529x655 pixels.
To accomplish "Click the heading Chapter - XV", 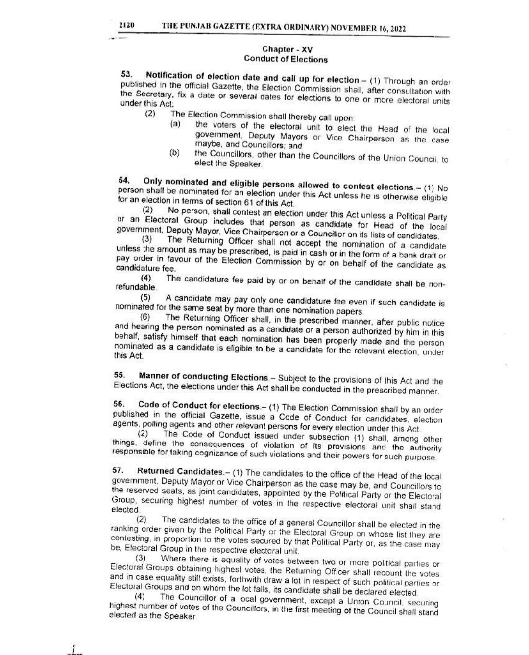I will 287,49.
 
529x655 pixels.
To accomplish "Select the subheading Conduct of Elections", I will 286,60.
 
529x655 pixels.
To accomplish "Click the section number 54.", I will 123,181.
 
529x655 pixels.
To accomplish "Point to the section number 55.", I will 120,375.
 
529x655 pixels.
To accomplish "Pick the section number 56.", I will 119,405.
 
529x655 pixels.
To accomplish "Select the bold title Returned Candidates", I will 180,471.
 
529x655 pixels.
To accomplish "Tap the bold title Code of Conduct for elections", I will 199,406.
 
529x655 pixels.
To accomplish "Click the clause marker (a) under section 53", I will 175,124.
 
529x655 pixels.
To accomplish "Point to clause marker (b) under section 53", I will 174,153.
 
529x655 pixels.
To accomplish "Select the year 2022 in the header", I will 397,29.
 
